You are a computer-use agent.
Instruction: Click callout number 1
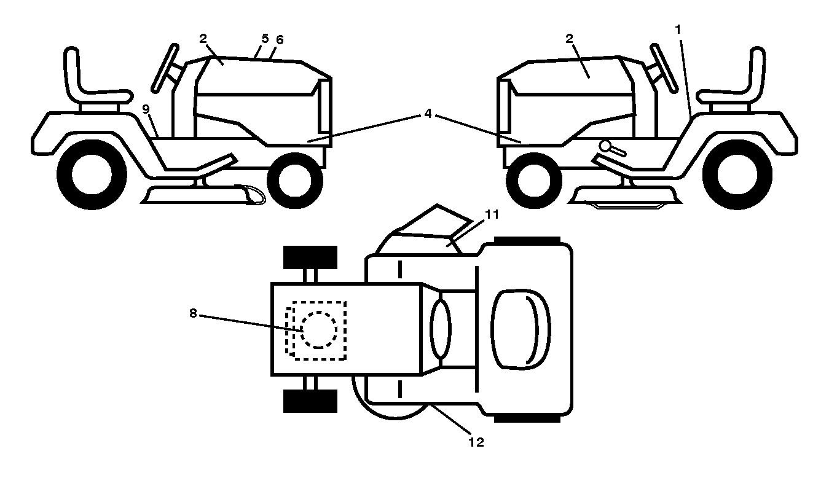coord(678,29)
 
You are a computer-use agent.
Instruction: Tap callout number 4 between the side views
coord(428,114)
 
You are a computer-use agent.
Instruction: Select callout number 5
coord(265,39)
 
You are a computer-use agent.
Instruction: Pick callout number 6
coord(280,39)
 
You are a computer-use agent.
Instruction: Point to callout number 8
coord(193,313)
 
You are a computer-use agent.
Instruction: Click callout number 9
coord(146,109)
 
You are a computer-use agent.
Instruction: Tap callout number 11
coord(492,214)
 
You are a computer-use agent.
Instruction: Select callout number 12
coord(476,442)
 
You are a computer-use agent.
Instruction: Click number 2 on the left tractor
coord(203,39)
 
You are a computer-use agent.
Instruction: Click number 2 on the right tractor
coord(569,39)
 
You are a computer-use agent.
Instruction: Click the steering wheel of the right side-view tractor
coord(664,68)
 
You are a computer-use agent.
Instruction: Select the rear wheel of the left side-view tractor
coord(92,174)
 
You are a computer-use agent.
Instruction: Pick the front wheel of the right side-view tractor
coord(534,181)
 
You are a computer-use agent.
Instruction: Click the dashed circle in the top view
coord(319,330)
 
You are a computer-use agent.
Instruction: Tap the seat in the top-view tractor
coord(521,329)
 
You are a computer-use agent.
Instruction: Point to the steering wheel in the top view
coord(441,329)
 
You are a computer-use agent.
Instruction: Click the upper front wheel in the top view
coord(310,257)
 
